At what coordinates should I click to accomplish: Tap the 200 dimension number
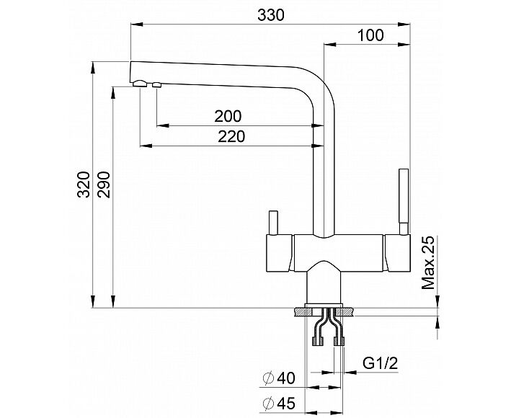228,116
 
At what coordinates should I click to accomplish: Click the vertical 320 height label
84,185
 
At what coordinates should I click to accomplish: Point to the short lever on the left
272,222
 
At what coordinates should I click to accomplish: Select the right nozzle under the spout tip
156,86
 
